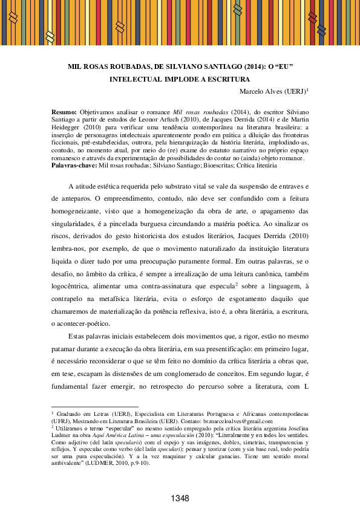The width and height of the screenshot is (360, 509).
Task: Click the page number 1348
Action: (180, 498)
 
